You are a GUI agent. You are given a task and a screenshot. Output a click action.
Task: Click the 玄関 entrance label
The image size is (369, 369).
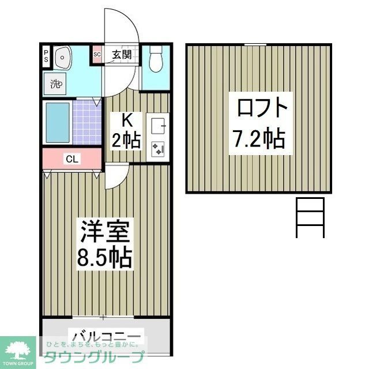click(122, 55)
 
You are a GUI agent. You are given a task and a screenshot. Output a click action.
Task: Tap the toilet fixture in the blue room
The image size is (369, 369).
click(155, 61)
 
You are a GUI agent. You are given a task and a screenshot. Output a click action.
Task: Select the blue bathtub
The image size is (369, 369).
click(57, 123)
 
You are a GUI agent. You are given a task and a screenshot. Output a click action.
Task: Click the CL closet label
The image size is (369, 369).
click(72, 159)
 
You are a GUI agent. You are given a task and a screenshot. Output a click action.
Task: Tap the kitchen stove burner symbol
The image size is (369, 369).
click(158, 149)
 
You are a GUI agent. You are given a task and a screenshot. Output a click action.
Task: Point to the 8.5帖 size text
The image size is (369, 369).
click(106, 257)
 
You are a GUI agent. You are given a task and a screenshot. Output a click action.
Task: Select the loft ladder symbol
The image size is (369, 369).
click(310, 217)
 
